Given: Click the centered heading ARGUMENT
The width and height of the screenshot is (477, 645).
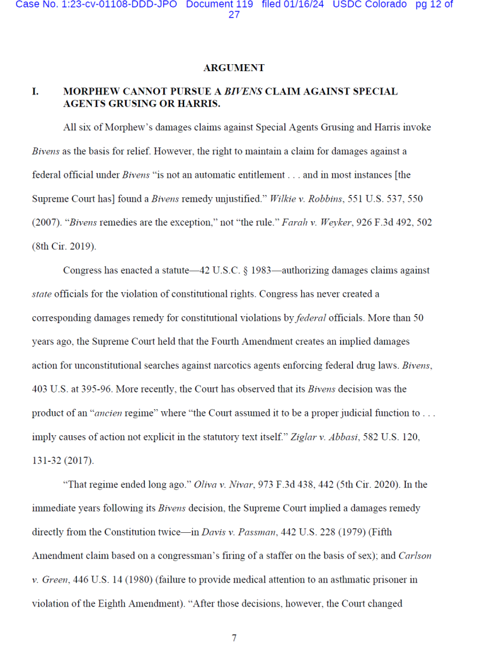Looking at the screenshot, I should (234, 68).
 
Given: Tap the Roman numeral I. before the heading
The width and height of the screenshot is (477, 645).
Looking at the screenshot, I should (35, 91).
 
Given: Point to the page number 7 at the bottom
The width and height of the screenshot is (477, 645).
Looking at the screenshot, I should (234, 637).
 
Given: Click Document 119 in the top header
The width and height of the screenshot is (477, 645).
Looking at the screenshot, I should (219, 4).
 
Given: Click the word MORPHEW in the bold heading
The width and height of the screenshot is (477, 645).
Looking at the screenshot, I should (90, 91).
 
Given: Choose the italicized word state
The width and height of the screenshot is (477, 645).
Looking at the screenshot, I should (42, 294).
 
